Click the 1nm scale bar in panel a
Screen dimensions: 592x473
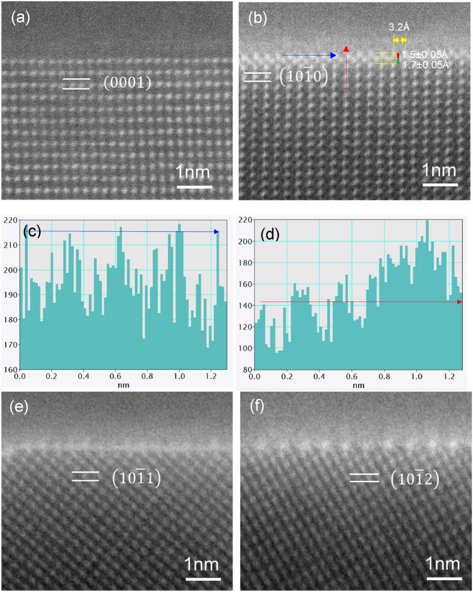(x=193, y=187)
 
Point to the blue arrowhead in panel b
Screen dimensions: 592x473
(x=335, y=56)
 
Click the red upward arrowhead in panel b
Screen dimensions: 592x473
(x=346, y=49)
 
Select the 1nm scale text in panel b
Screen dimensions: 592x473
(x=440, y=171)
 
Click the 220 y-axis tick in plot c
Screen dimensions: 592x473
(x=9, y=221)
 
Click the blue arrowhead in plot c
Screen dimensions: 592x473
(x=216, y=232)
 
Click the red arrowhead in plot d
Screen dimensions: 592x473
(x=459, y=302)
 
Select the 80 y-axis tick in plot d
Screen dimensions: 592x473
(x=246, y=369)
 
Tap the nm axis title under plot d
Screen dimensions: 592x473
(x=358, y=385)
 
